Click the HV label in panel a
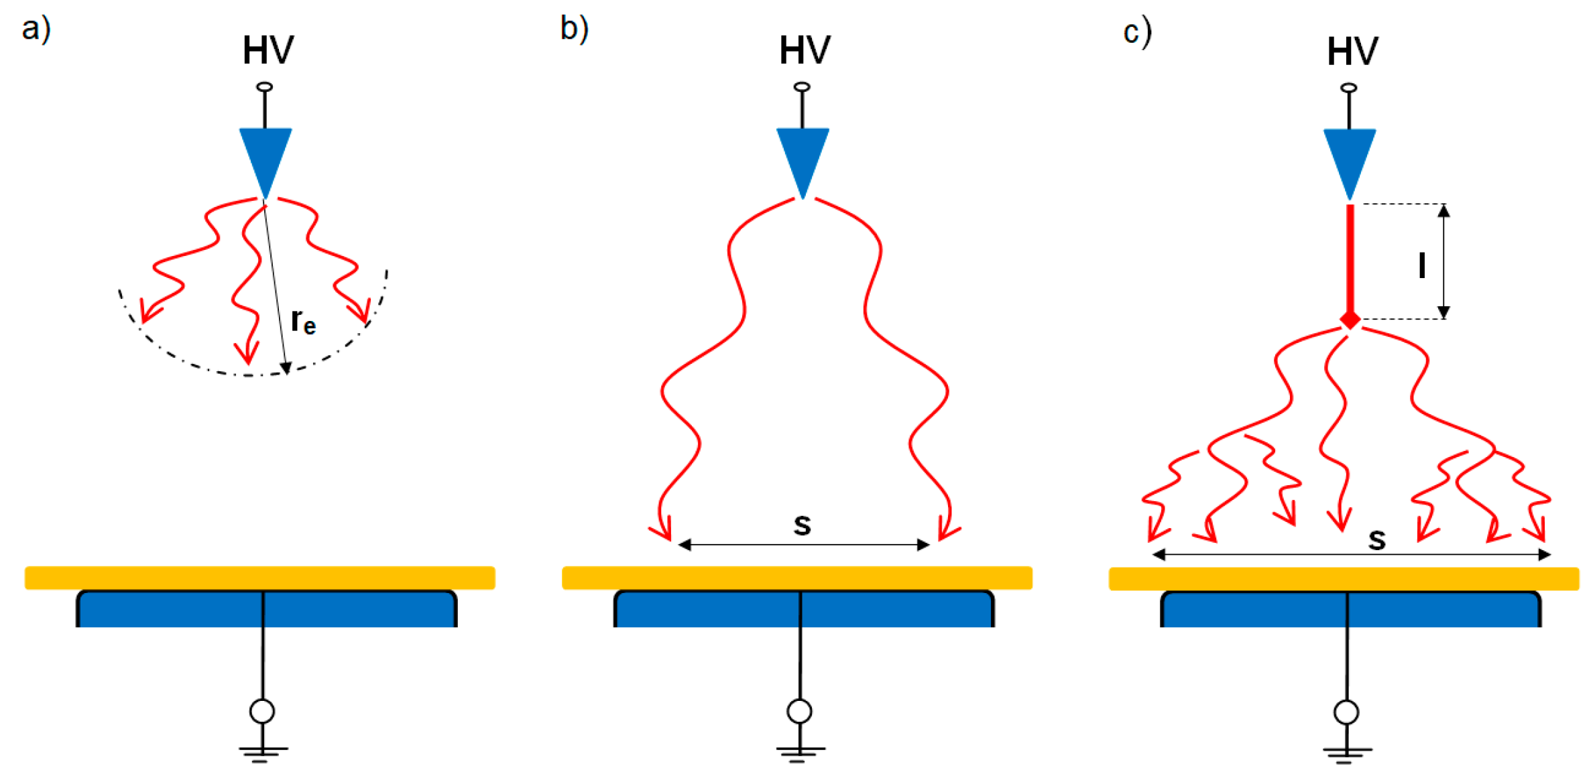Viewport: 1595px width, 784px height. click(268, 50)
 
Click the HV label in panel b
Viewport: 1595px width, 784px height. click(805, 50)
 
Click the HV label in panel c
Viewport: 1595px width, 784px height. click(1352, 52)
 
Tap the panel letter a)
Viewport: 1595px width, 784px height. click(36, 29)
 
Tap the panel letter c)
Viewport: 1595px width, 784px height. click(1137, 32)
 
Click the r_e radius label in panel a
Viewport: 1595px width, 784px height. click(303, 322)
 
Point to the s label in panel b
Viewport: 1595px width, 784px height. click(803, 524)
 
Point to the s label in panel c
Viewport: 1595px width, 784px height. click(1377, 539)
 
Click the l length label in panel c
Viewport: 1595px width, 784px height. click(1421, 265)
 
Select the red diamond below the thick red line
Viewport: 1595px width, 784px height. click(1350, 320)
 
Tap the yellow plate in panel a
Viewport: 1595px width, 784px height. click(260, 578)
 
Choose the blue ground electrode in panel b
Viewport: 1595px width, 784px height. click(804, 610)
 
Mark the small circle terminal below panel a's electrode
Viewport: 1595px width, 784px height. click(262, 711)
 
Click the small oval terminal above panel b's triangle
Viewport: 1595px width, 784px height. click(802, 87)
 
